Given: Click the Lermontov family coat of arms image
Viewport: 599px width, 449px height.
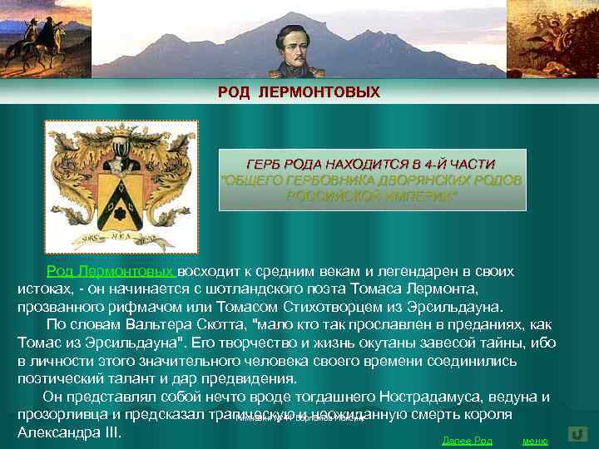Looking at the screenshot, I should (121, 186).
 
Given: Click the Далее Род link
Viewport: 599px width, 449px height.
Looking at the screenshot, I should (467, 440).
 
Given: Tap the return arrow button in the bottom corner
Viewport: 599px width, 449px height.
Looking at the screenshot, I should (576, 434).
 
